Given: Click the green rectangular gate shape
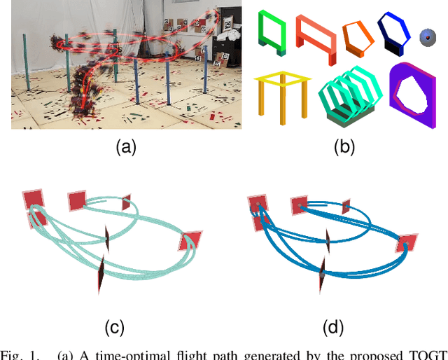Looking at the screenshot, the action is click(272, 32).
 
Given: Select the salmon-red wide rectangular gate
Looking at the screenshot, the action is click(316, 36).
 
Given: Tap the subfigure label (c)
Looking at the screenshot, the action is click(114, 327).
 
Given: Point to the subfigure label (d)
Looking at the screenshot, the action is click(332, 327).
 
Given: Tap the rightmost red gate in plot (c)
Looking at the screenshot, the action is click(189, 242).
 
